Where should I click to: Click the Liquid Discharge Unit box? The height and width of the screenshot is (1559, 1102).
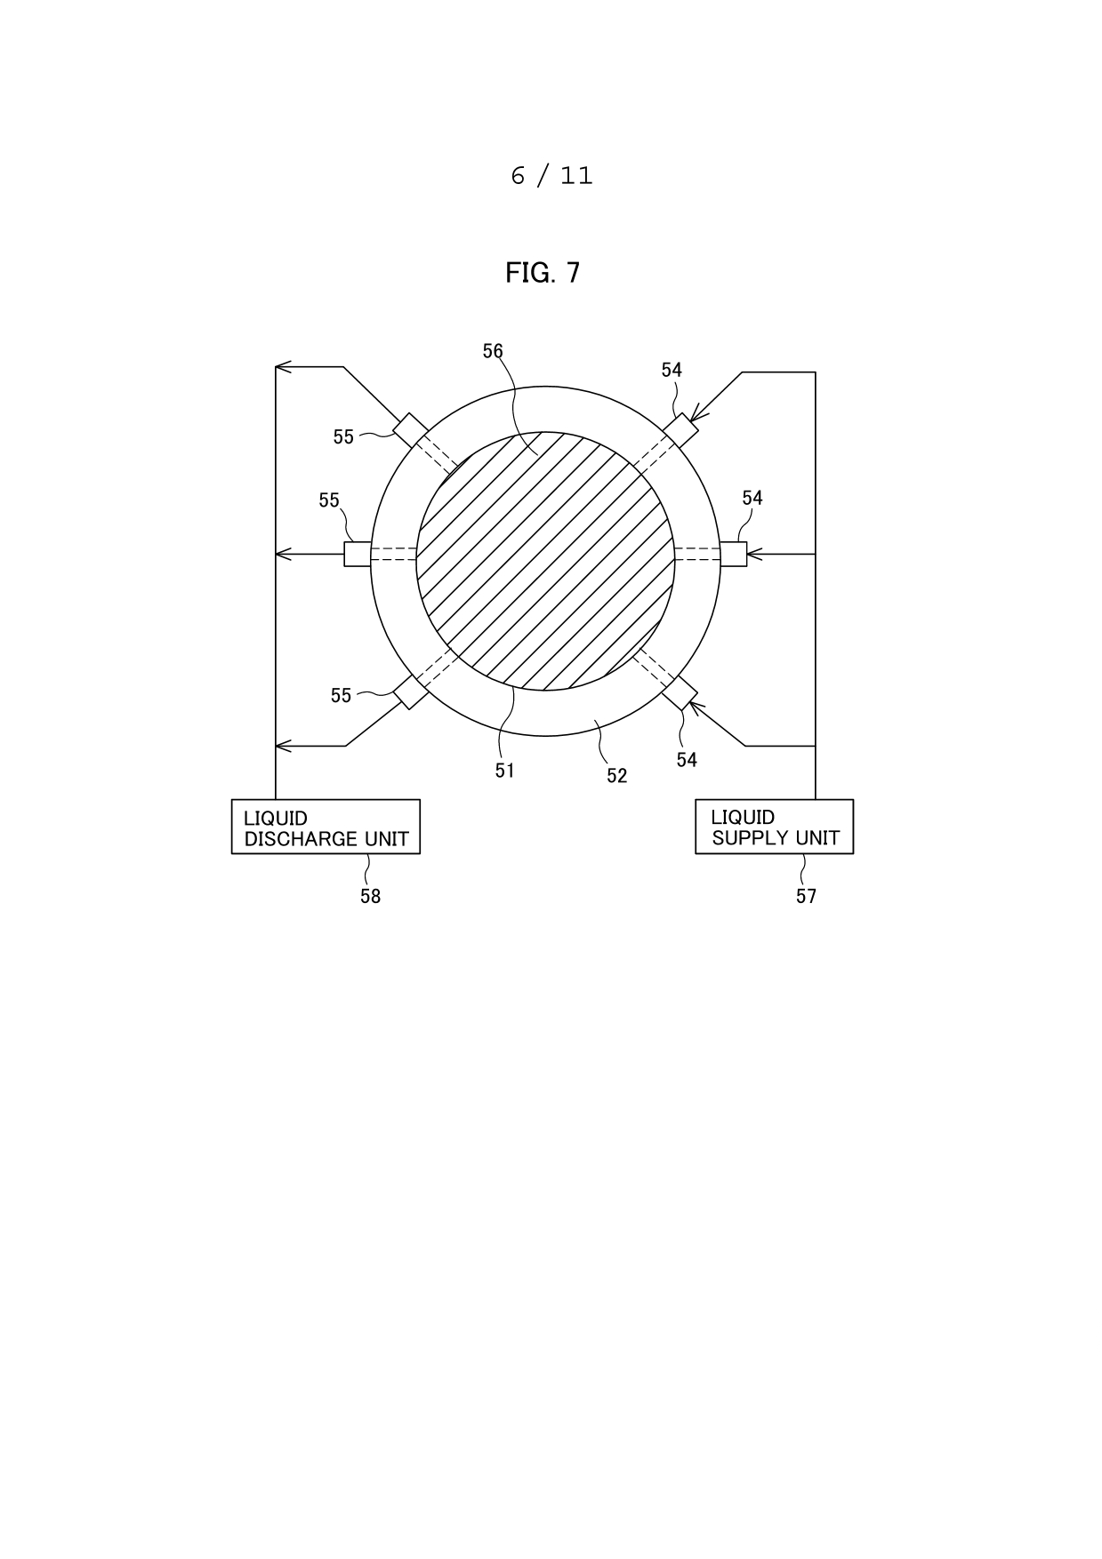click(x=326, y=827)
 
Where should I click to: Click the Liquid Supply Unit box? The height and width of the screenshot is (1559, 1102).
click(x=774, y=827)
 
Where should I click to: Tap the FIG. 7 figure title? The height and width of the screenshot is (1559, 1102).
click(x=543, y=273)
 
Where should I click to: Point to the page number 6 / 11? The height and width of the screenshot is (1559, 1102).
click(x=551, y=176)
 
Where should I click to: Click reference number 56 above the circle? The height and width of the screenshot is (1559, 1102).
click(x=493, y=351)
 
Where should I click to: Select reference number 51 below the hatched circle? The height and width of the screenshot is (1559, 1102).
click(x=505, y=771)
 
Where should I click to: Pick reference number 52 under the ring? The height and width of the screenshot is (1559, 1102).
click(x=617, y=776)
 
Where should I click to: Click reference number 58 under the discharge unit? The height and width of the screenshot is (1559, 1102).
click(x=370, y=896)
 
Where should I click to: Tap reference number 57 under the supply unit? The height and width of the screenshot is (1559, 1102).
click(x=806, y=896)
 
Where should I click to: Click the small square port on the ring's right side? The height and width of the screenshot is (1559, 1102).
click(x=733, y=554)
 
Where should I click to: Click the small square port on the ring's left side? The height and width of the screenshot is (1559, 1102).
click(x=358, y=554)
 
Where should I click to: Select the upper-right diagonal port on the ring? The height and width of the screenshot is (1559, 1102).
click(x=680, y=430)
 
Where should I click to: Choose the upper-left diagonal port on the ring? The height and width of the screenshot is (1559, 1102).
click(x=410, y=430)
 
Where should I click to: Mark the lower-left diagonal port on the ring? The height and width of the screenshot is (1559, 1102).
click(x=410, y=692)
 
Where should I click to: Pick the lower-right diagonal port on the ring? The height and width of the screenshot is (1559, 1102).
click(x=680, y=693)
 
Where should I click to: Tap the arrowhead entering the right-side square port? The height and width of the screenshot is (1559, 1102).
click(x=753, y=554)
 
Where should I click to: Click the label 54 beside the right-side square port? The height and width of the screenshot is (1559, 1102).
click(x=752, y=498)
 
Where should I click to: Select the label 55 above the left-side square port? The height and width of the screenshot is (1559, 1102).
click(x=329, y=500)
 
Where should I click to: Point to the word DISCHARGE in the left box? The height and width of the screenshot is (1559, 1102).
click(x=302, y=839)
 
